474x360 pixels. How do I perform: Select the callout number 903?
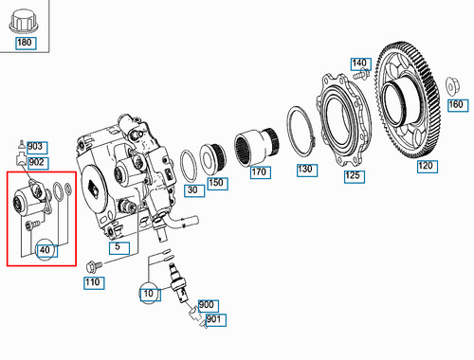tap(36, 147)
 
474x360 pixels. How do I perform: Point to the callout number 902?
tap(36, 162)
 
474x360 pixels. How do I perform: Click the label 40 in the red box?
tap(46, 249)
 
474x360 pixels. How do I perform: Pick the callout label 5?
tap(118, 248)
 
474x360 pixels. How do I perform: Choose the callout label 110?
tap(92, 282)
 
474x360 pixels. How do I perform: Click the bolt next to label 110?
tap(93, 264)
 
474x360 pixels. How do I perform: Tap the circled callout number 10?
tap(148, 294)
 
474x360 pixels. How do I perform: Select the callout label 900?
tap(207, 305)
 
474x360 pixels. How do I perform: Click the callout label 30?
tap(192, 190)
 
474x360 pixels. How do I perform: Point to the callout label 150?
tap(217, 181)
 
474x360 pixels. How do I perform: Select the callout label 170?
tap(259, 172)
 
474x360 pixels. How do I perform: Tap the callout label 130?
tap(304, 170)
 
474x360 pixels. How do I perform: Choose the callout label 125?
tap(352, 174)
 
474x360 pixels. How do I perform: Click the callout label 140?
tap(358, 63)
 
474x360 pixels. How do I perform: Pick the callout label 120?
tap(426, 165)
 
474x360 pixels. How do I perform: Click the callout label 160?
tap(454, 104)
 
